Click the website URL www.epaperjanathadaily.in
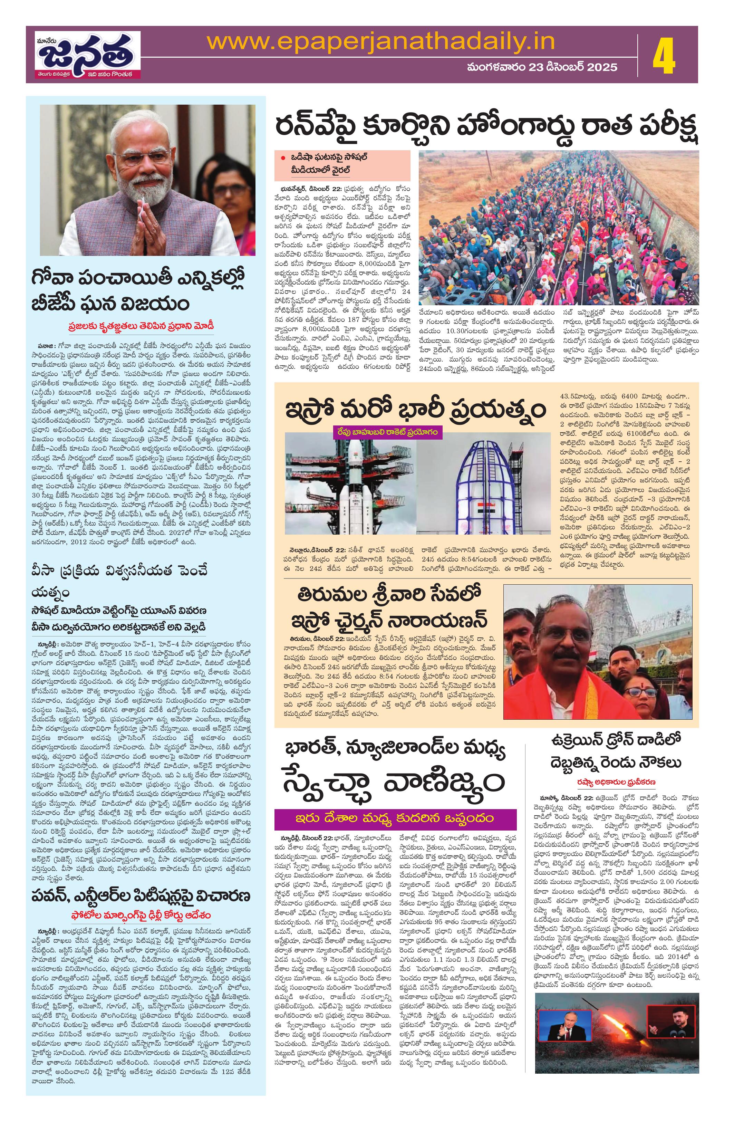pyautogui.click(x=380, y=43)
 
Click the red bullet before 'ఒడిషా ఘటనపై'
pyautogui.click(x=283, y=157)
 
